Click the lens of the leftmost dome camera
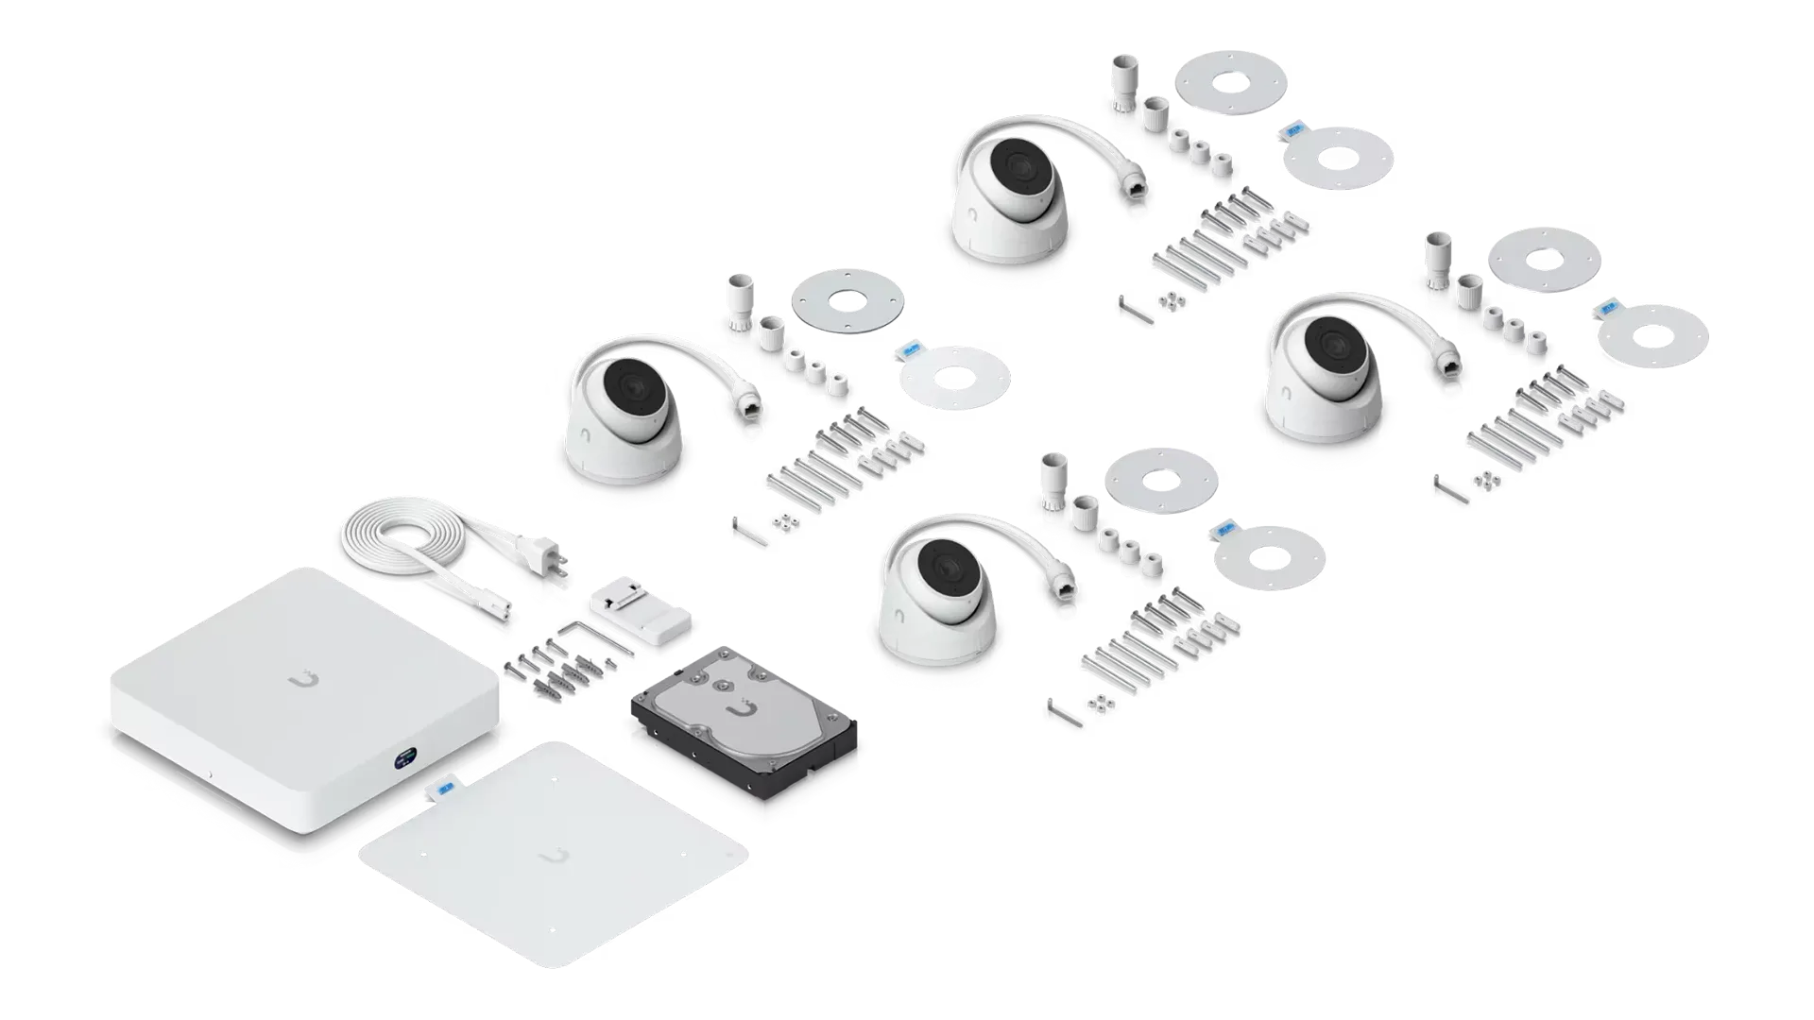(x=630, y=385)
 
